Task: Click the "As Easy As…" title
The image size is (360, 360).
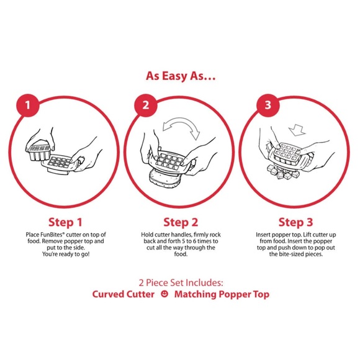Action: coord(181,76)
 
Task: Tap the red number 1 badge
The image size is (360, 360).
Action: coord(28,105)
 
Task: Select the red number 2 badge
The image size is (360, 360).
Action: coord(146,105)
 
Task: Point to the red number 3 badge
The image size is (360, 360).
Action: coord(268,105)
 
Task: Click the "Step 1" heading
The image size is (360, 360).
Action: coord(65,222)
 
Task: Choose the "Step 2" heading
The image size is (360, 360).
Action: coord(181,222)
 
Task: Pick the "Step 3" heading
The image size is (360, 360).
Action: coord(295,222)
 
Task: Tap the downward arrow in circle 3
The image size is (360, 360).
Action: coord(297,130)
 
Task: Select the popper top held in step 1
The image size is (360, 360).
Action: coord(38,152)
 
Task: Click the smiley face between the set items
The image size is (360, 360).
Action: coord(164,294)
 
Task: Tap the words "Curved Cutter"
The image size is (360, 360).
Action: coord(124,294)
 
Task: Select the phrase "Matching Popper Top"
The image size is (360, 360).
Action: coord(222,295)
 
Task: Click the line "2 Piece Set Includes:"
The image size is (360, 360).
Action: coord(181,282)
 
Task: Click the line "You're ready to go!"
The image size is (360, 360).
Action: coord(66,254)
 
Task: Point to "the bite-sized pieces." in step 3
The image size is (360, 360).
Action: coord(296,254)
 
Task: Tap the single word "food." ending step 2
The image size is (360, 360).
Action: coord(181,254)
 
